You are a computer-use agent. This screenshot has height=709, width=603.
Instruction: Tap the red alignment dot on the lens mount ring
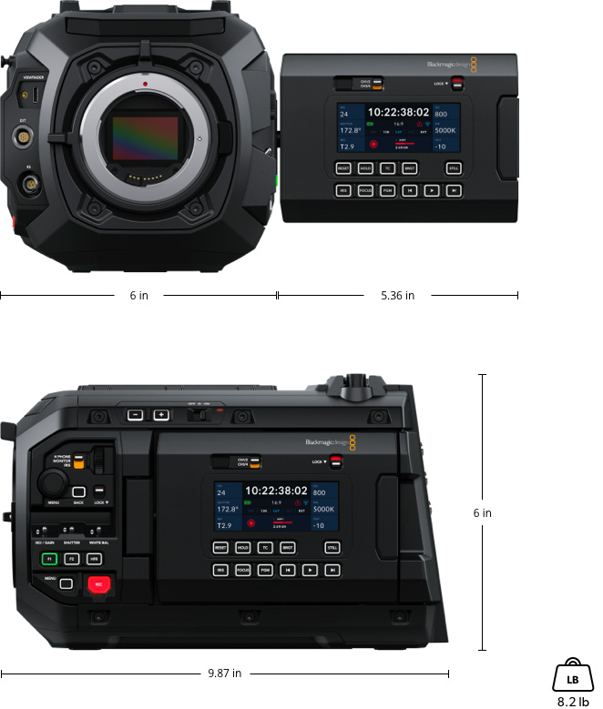click(x=145, y=83)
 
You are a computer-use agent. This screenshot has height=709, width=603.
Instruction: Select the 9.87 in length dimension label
click(x=223, y=674)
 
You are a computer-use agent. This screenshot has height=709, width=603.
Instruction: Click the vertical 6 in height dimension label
click(x=482, y=512)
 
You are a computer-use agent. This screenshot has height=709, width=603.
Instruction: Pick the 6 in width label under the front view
click(x=138, y=295)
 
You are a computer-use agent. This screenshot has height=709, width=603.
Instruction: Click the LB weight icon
click(x=572, y=677)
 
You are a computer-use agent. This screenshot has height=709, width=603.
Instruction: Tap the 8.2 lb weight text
click(x=573, y=702)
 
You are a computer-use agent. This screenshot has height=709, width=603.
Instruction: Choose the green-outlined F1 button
click(x=49, y=558)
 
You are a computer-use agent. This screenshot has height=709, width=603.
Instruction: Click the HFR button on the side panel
click(x=94, y=558)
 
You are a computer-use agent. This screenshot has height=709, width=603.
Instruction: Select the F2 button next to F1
click(x=72, y=558)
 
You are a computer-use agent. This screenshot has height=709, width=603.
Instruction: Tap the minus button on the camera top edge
click(x=135, y=415)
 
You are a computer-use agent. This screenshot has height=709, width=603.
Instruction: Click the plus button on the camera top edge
click(x=161, y=415)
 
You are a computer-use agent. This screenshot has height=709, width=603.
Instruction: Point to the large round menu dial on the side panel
click(x=50, y=482)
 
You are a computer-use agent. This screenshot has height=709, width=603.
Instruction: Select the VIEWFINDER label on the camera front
click(x=34, y=79)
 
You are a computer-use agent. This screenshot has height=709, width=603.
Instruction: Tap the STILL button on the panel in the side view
click(x=332, y=548)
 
